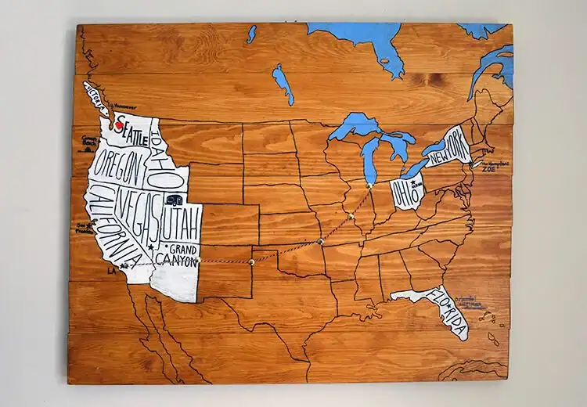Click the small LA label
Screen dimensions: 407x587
[x=111, y=271]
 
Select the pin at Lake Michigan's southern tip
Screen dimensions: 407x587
[x=369, y=185]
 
